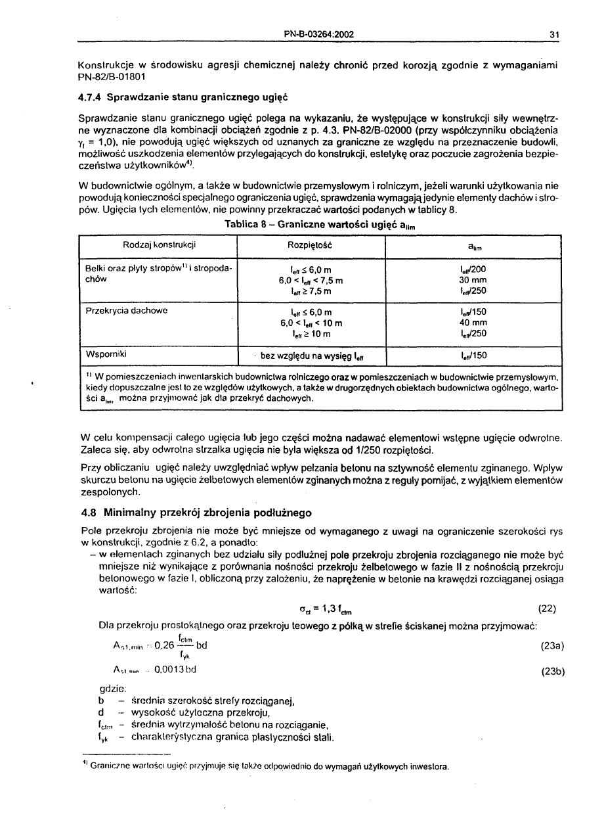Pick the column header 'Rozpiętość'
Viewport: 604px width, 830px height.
(310, 245)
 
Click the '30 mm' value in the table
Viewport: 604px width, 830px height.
(473, 280)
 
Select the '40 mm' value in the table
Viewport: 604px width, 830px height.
(473, 323)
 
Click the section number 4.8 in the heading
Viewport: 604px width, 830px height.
(91, 513)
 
